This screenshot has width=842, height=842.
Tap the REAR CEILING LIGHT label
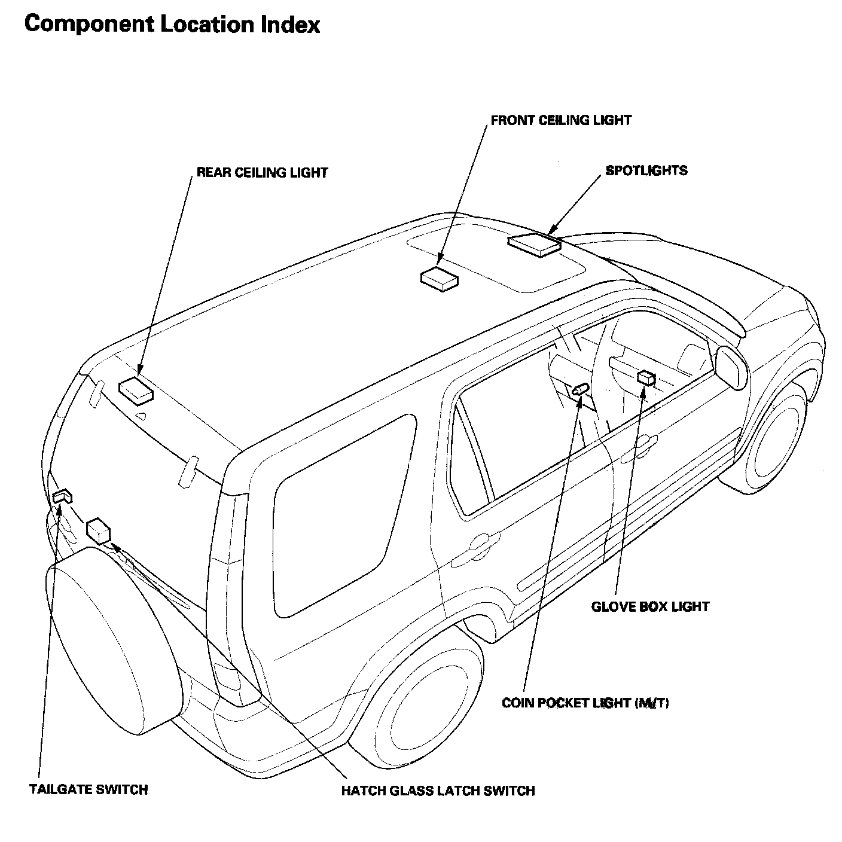(x=262, y=173)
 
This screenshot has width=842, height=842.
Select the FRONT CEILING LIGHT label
(x=560, y=120)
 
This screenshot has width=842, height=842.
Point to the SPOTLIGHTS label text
(x=646, y=170)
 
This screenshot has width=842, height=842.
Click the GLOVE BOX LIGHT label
(x=650, y=607)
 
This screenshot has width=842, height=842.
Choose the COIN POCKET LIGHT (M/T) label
(x=585, y=703)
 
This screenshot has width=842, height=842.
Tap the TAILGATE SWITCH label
(x=88, y=789)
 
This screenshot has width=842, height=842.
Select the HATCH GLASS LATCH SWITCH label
(x=438, y=791)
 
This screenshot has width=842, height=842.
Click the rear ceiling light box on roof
(x=136, y=389)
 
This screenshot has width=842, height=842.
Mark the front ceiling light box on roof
(x=440, y=279)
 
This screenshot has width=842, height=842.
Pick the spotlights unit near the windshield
(x=534, y=245)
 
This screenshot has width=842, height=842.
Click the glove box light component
(x=646, y=377)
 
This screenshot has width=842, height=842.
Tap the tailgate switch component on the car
(x=62, y=496)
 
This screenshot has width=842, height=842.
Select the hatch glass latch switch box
(x=99, y=531)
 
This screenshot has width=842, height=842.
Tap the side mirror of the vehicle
(x=732, y=367)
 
